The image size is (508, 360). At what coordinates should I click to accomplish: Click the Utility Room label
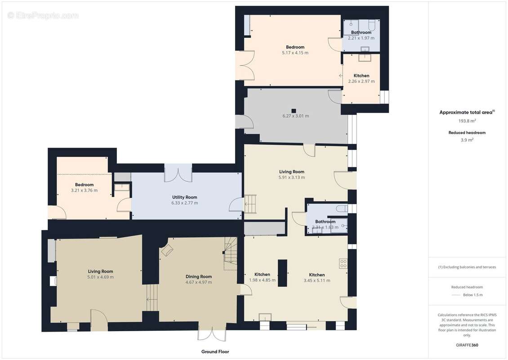coord(184,197)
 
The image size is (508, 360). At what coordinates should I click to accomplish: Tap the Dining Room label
coord(199,277)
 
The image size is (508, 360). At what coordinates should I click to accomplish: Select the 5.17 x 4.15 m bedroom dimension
coord(295,53)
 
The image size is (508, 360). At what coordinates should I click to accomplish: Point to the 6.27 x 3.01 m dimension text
coord(295,116)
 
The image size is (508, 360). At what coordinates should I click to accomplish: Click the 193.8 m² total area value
coord(467,121)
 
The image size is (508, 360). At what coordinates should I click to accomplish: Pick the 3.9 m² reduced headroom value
coord(467,140)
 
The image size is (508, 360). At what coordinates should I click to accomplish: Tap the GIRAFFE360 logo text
coord(467,345)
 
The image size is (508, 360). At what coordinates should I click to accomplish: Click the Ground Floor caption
coord(215,351)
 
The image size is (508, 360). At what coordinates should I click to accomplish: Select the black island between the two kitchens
coord(282,273)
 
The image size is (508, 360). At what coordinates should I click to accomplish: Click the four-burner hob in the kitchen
coord(343,263)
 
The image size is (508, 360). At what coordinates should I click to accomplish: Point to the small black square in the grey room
coord(294,111)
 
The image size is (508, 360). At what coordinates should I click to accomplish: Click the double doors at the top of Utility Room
coord(178,173)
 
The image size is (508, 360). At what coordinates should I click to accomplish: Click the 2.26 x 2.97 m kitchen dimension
coord(361,81)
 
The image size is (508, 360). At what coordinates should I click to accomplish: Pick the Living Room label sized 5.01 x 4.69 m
coord(100,271)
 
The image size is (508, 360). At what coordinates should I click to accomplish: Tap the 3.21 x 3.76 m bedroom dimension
coord(84,190)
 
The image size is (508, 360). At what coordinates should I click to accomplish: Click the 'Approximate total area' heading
coord(467,112)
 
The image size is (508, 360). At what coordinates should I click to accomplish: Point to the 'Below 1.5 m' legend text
coord(472,295)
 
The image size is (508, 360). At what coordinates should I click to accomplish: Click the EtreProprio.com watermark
coord(43,16)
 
